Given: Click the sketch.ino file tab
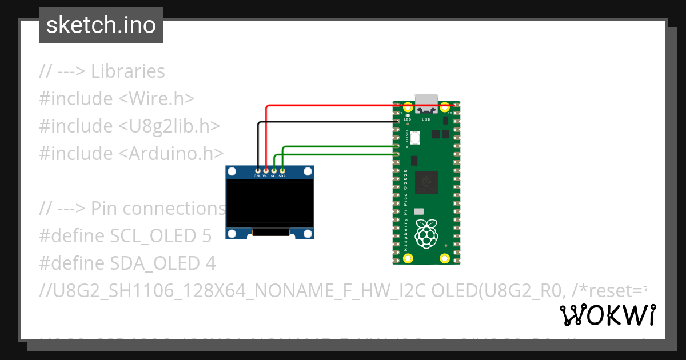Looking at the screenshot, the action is click(101, 25).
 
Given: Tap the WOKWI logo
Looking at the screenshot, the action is click(607, 315).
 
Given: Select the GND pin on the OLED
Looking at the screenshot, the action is click(258, 170).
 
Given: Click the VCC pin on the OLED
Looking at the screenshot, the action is click(266, 170).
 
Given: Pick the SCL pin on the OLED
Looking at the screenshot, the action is click(274, 170).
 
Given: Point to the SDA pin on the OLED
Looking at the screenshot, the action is click(282, 170).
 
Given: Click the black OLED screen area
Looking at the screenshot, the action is click(270, 203).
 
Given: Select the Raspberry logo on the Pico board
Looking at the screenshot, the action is click(426, 235).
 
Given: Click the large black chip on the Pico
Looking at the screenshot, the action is click(426, 183).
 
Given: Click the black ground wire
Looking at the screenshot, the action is click(326, 122).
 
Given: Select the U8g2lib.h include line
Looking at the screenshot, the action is click(129, 126).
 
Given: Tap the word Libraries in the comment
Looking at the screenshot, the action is click(127, 71).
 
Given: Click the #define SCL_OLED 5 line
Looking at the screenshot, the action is click(125, 235).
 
